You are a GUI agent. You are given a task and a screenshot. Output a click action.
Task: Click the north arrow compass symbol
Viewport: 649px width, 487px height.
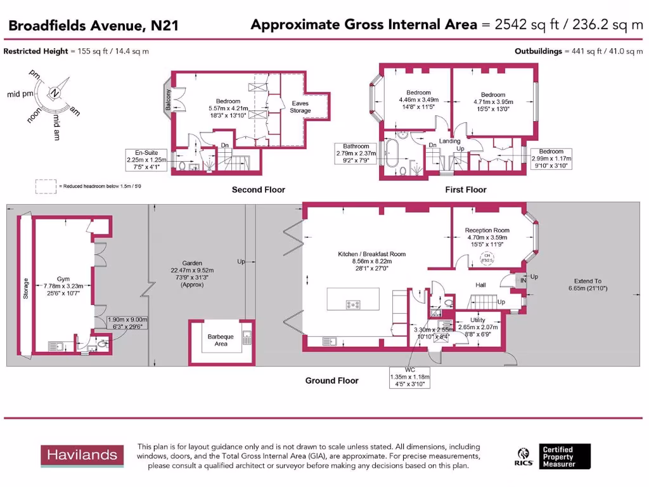(55, 94)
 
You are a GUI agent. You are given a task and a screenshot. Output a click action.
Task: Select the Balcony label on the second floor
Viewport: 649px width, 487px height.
(168, 101)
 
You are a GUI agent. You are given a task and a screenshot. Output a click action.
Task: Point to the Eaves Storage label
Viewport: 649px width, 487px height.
(300, 107)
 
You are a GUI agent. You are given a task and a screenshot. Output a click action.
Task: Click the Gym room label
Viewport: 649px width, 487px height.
(63, 278)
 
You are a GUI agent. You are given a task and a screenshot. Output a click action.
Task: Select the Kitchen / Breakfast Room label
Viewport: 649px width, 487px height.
(371, 254)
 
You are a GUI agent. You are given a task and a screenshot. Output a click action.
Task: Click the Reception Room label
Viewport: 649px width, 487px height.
(487, 231)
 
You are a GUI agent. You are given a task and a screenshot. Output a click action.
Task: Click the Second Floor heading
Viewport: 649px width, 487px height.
(258, 190)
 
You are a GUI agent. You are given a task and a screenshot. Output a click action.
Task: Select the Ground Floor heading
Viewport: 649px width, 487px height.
(331, 380)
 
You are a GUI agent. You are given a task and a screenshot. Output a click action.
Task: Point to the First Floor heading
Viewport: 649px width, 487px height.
(466, 190)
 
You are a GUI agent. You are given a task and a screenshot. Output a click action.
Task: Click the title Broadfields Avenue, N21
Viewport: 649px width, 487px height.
(93, 26)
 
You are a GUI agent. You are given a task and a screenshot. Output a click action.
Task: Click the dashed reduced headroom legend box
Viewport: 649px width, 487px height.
(46, 186)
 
